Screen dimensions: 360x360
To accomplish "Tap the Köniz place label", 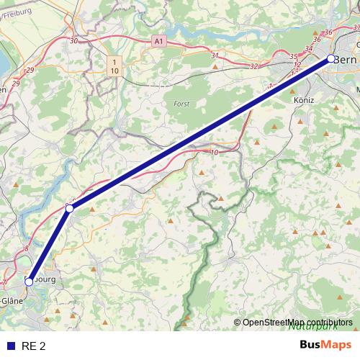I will pyautogui.click(x=305, y=102).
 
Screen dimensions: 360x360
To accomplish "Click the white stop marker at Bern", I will pyautogui.click(x=331, y=59).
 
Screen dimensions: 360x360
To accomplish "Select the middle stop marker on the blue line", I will pyautogui.click(x=70, y=208).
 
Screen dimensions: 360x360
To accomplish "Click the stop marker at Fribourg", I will pyautogui.click(x=30, y=282).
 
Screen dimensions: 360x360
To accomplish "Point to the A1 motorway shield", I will pyautogui.click(x=159, y=42).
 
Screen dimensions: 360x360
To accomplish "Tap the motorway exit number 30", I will pyautogui.click(x=73, y=41).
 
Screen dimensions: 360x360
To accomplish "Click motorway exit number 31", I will pyautogui.click(x=215, y=55).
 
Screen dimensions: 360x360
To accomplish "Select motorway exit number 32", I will pyautogui.click(x=253, y=66).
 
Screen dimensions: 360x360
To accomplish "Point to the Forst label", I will pyautogui.click(x=181, y=104).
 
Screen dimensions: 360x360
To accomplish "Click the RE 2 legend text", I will pyautogui.click(x=34, y=346).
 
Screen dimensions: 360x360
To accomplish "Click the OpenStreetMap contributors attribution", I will pyautogui.click(x=297, y=323).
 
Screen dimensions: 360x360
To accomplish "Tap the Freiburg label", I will pyautogui.click(x=17, y=10).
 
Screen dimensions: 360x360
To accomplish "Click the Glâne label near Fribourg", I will pyautogui.click(x=11, y=300).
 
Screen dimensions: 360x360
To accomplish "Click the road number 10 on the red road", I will pyautogui.click(x=215, y=152).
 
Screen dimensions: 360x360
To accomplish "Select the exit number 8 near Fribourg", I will pyautogui.click(x=27, y=248).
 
